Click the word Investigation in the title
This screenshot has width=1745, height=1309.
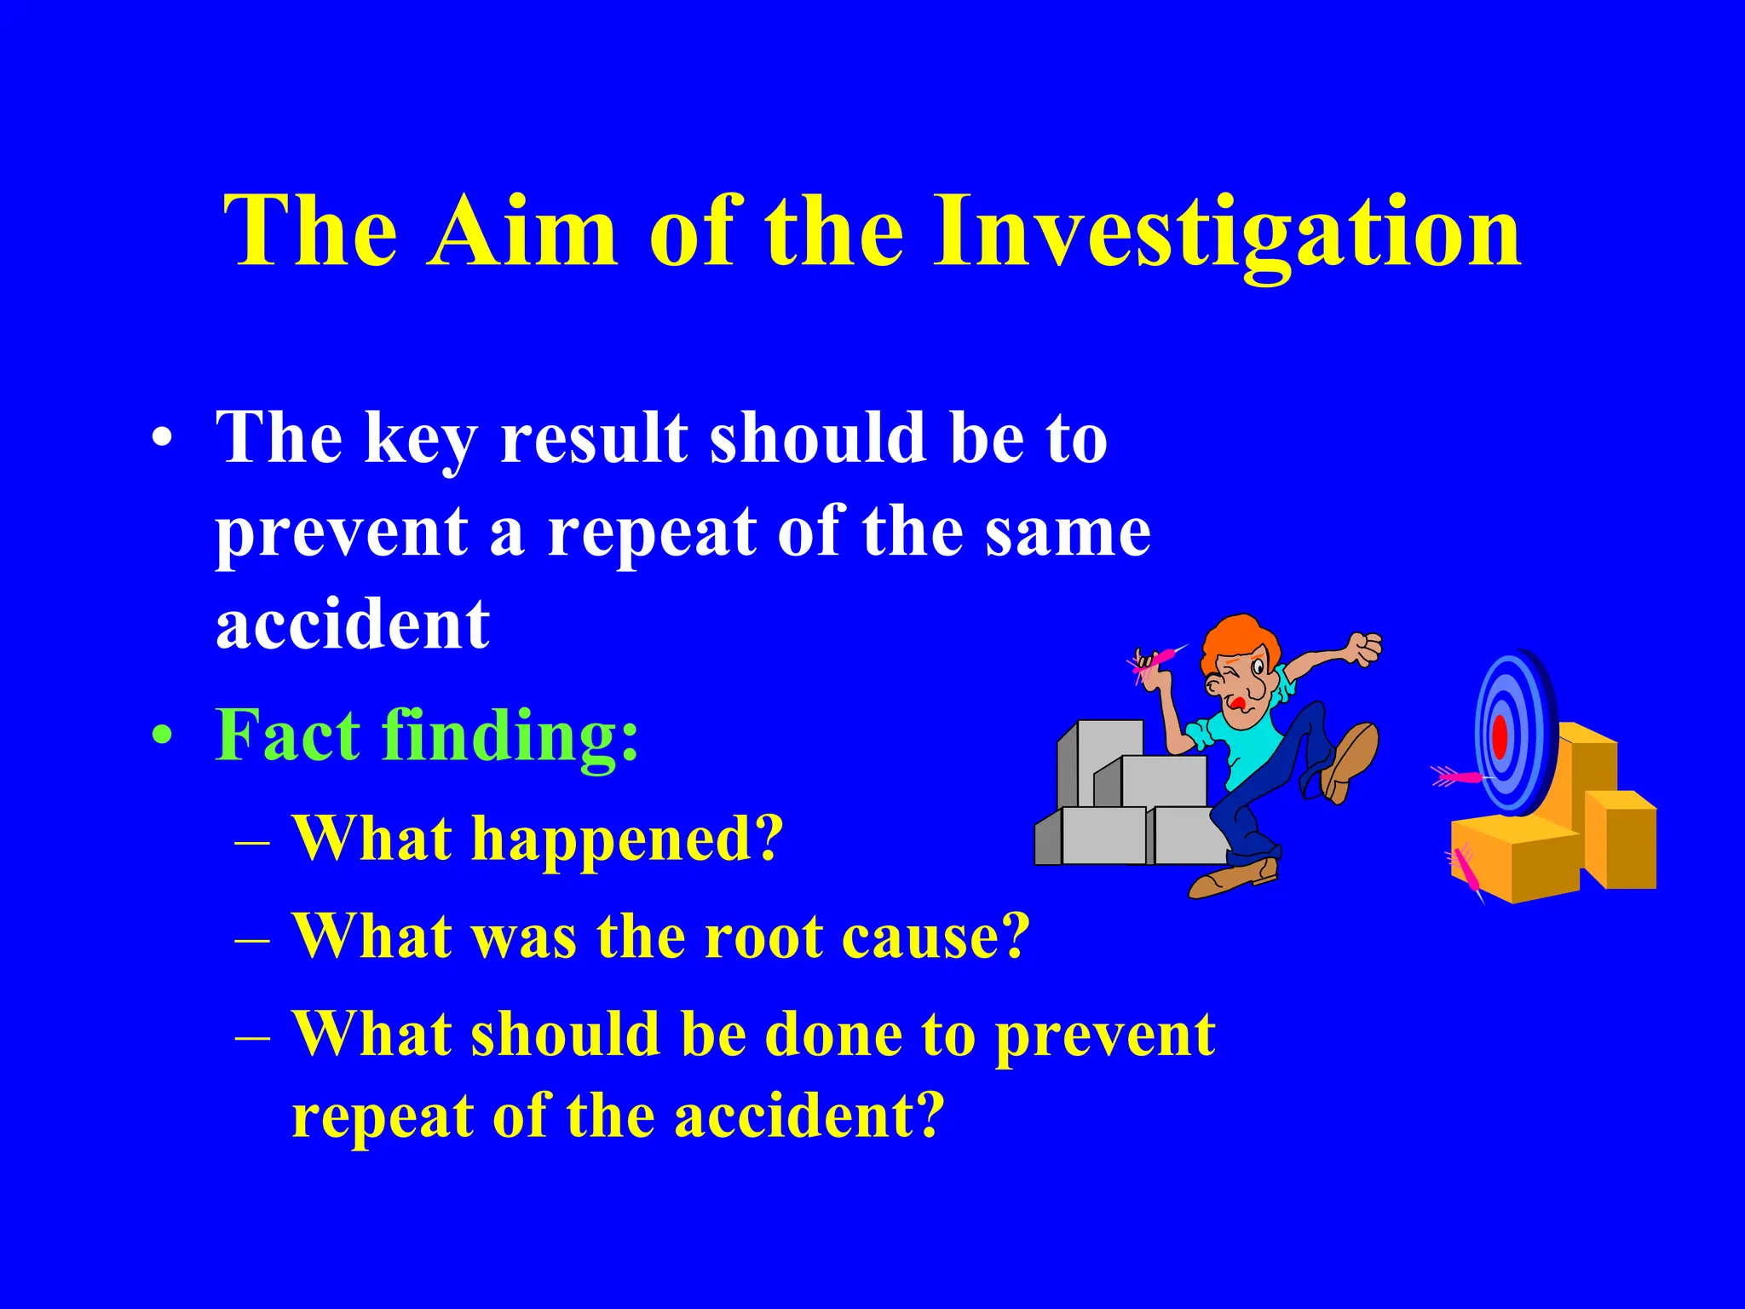(1227, 232)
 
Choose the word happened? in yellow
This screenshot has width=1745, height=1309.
(626, 839)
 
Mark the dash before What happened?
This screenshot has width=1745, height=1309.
(252, 842)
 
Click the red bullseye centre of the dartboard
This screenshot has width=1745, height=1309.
(1500, 735)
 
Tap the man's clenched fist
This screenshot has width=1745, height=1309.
(1363, 649)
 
